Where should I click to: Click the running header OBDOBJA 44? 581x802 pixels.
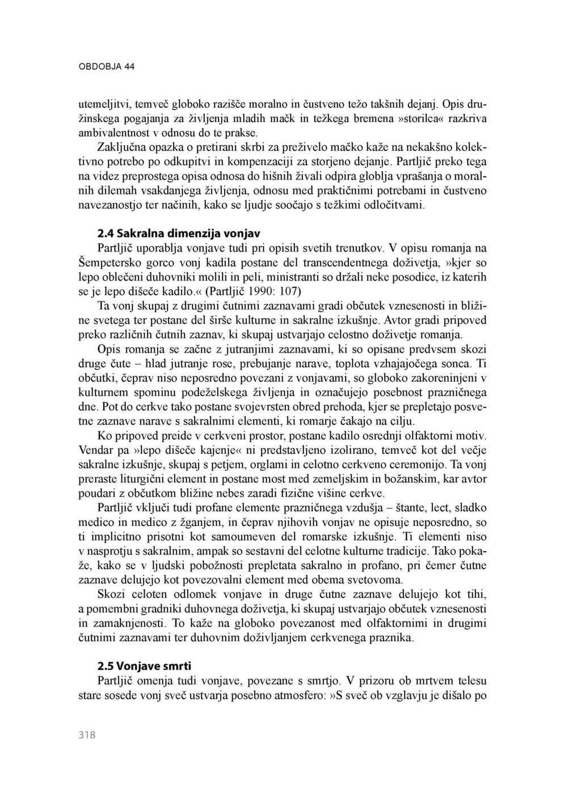tap(106, 66)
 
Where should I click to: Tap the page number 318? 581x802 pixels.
tap(87, 735)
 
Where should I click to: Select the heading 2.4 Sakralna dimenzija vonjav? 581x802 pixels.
tap(178, 233)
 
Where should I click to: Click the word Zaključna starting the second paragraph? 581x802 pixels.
tap(122, 148)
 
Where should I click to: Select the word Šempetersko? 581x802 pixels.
tap(112, 262)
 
